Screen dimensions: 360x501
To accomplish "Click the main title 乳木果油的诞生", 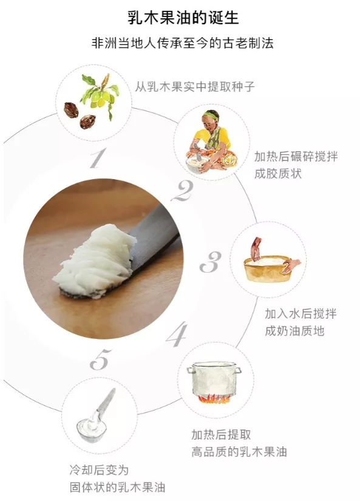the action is (183, 18).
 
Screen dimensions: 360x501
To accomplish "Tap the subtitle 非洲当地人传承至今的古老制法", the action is (182, 43).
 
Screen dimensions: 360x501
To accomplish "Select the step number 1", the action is (98, 158).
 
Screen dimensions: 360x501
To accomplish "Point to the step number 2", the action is (182, 191).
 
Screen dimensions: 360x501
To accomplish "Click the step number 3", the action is (211, 262).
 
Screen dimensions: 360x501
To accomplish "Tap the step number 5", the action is (100, 360).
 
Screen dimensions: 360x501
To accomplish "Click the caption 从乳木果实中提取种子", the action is (194, 86).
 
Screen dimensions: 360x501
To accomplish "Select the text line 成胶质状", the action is (278, 174).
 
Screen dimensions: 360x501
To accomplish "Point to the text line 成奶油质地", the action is (294, 331).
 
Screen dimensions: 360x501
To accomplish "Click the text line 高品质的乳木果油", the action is (239, 452).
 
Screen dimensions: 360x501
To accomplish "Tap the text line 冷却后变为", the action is (99, 470).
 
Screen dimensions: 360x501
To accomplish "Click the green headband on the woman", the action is (209, 115).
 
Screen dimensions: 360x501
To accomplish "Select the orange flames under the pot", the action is (214, 398).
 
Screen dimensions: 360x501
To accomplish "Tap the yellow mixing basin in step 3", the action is (268, 268).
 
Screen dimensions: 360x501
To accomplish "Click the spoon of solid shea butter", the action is (94, 417).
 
